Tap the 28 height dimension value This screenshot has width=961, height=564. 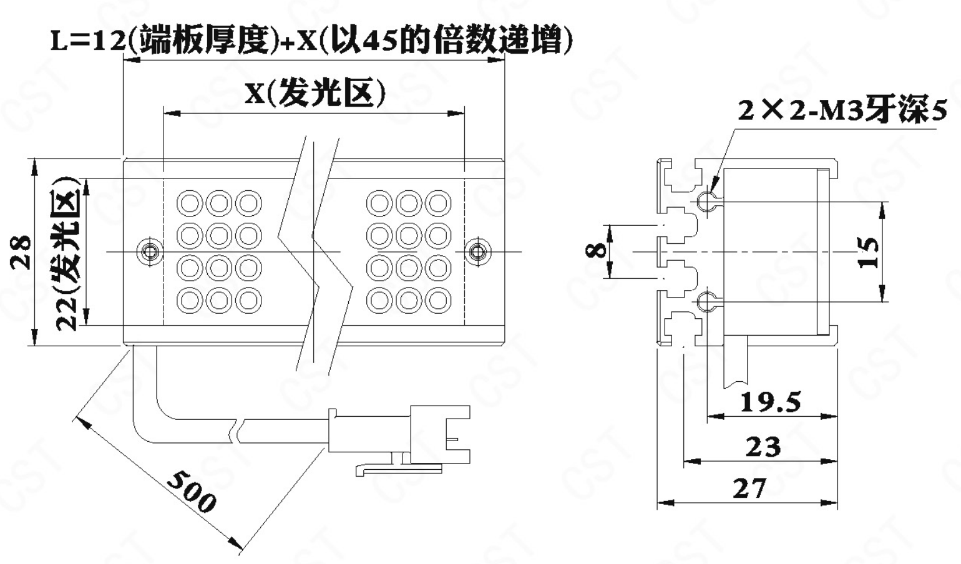pos(22,251)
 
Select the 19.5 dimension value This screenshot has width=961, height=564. pos(770,402)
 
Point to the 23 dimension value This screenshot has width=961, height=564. pos(763,447)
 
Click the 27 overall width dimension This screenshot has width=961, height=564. pos(749,489)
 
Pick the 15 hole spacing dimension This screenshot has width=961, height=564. pos(869,251)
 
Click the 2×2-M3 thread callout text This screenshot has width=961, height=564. pos(842,110)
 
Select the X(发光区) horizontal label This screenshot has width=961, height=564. pos(315,94)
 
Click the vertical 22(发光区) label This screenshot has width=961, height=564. pos(67,253)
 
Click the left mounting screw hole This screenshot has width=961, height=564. pos(149,251)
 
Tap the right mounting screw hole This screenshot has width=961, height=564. pos(477,251)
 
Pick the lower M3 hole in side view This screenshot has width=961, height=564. pos(705,302)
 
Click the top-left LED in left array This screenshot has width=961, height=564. pos(190,203)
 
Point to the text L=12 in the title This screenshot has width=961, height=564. pos(87,41)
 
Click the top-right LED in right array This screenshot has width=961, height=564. pos(438,203)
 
